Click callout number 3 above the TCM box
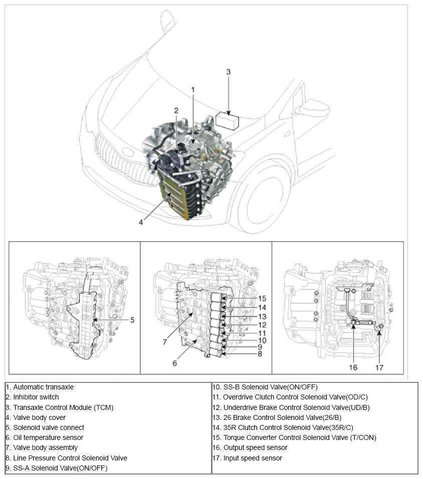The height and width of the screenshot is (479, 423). click(x=228, y=72)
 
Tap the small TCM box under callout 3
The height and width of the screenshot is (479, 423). click(x=228, y=121)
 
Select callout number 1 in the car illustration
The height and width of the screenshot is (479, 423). click(x=192, y=90)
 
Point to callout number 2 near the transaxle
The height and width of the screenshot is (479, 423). click(x=176, y=111)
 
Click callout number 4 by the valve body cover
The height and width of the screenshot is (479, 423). click(x=141, y=222)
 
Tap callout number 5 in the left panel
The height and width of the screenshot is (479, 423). click(x=132, y=319)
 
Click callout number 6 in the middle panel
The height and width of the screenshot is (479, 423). click(x=174, y=363)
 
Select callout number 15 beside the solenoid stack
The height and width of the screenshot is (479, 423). click(x=262, y=299)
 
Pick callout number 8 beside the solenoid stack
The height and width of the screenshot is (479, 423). click(x=259, y=354)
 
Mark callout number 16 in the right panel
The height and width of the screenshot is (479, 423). click(x=353, y=367)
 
